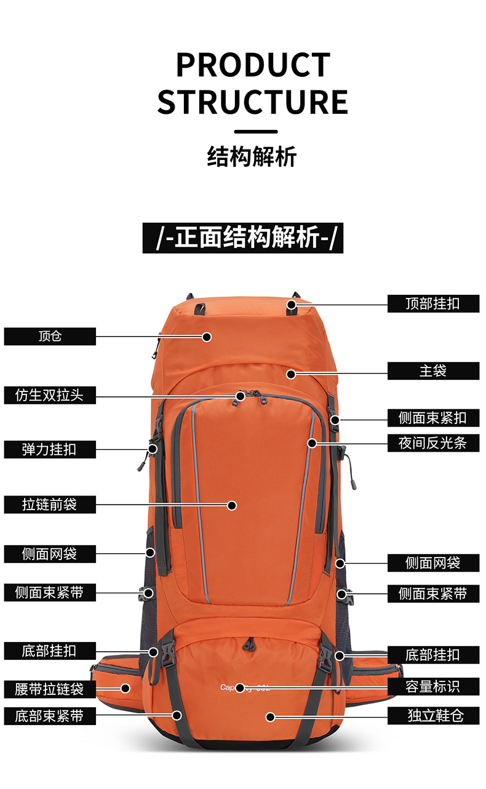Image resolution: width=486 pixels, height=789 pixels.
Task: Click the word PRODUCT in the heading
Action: point(253,65)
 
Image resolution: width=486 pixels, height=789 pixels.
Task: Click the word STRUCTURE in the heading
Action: point(253,102)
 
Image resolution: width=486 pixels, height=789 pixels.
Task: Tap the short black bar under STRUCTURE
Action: point(256,131)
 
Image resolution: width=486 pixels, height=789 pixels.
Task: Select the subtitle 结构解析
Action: point(252,157)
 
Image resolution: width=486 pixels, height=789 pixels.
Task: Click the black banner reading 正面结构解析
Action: point(242,238)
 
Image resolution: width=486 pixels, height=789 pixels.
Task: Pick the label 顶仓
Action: point(50,337)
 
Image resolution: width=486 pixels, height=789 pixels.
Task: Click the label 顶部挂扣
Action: point(433,303)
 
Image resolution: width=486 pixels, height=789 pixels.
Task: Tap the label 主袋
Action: point(433,371)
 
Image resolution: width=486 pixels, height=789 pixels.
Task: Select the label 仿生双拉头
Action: point(50,396)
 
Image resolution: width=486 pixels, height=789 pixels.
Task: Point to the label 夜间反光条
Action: point(433,443)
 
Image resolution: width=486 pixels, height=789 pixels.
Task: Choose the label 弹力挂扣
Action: point(50,449)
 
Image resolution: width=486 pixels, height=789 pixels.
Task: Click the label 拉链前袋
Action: point(50,505)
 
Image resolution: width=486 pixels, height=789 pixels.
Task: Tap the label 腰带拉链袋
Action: point(50,688)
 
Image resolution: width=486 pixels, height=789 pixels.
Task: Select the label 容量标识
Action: point(433,686)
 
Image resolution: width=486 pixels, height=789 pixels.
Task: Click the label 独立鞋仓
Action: point(433,715)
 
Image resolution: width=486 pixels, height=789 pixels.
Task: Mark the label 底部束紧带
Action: point(50,716)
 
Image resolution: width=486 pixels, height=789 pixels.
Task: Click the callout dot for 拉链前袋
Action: point(232,505)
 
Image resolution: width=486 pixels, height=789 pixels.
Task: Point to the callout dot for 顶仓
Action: point(207,337)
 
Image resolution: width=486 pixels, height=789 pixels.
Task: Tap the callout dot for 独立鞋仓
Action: point(269,716)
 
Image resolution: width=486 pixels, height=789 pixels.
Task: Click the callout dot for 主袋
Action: point(291,373)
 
